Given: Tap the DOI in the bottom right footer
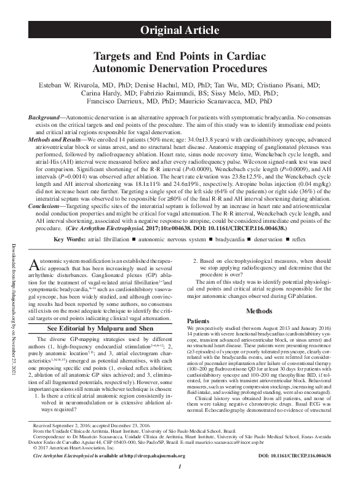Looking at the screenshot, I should [x=294, y=456].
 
